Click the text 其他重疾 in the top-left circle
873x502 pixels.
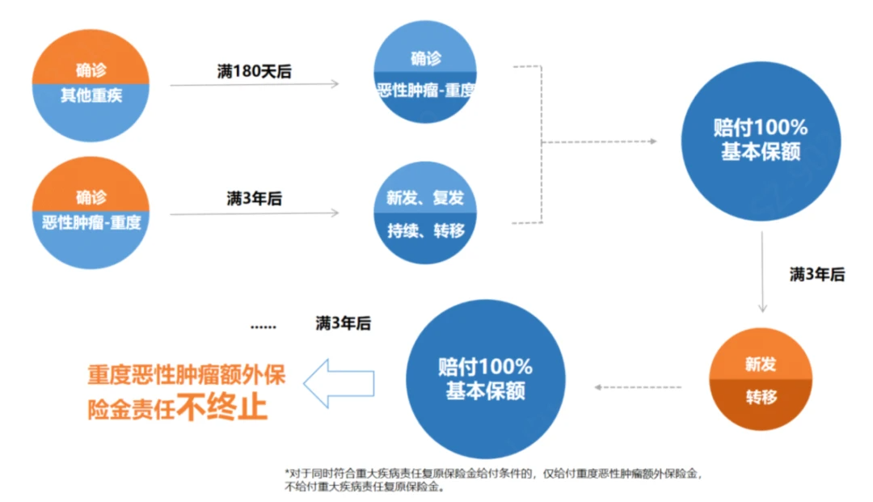pos(91,95)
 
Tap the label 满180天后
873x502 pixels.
pos(254,71)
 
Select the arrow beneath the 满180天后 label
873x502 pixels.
pos(254,84)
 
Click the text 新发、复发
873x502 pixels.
pos(425,199)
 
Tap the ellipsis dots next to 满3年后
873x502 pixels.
pos(263,327)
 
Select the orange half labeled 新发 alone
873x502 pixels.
pos(760,365)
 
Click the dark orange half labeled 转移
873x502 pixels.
pos(760,399)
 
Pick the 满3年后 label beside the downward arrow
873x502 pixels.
pos(816,275)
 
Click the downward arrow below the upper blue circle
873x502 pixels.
pos(761,271)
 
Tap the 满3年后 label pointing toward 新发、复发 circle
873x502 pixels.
pos(254,198)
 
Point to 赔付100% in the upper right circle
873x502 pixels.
pos(761,129)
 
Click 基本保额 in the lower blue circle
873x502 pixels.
pos(485,392)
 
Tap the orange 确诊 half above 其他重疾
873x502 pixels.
pos(91,70)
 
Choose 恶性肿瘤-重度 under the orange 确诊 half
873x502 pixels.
pos(91,221)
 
